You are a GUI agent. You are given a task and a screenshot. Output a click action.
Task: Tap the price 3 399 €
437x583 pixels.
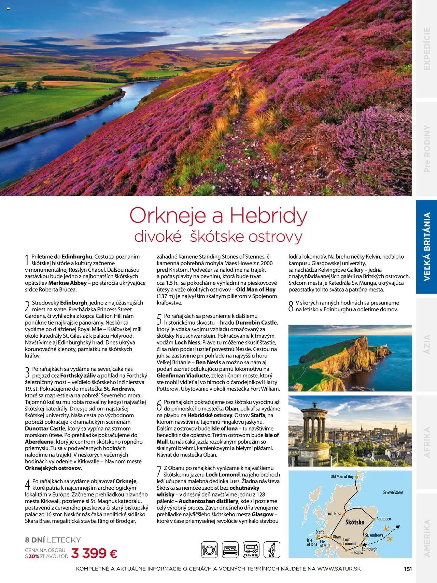coord(94,553)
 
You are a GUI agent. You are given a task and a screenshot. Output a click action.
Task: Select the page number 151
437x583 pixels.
coord(408,569)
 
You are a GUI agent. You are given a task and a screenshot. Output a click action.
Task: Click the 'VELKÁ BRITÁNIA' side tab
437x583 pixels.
coord(427,246)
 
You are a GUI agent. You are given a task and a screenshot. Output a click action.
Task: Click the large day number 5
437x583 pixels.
coord(159,320)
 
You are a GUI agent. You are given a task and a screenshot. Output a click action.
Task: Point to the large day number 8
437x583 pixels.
coord(291,306)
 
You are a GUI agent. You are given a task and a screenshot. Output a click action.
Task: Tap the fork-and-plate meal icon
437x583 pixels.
coord(209,550)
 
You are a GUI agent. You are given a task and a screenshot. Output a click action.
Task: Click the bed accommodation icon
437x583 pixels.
coord(230,550)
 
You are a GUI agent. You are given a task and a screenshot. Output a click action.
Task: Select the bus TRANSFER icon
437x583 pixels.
coord(251,550)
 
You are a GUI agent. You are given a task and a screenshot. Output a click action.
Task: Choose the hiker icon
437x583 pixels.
coord(272,550)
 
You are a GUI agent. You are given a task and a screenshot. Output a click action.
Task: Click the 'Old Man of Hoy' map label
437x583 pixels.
coord(342,476)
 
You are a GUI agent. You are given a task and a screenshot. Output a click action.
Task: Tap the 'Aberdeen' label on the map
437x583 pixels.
coord(384,519)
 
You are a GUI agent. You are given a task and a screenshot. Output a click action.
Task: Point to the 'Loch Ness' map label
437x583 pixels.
coord(334,513)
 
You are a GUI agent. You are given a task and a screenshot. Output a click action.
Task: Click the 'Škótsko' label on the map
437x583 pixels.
coord(355,522)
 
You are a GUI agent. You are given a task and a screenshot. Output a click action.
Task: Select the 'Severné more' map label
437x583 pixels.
coord(393,492)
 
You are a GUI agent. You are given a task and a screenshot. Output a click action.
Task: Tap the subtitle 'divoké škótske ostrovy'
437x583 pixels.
coord(218,237)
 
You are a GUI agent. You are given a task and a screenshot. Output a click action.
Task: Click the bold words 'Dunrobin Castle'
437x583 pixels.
coord(256,323)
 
